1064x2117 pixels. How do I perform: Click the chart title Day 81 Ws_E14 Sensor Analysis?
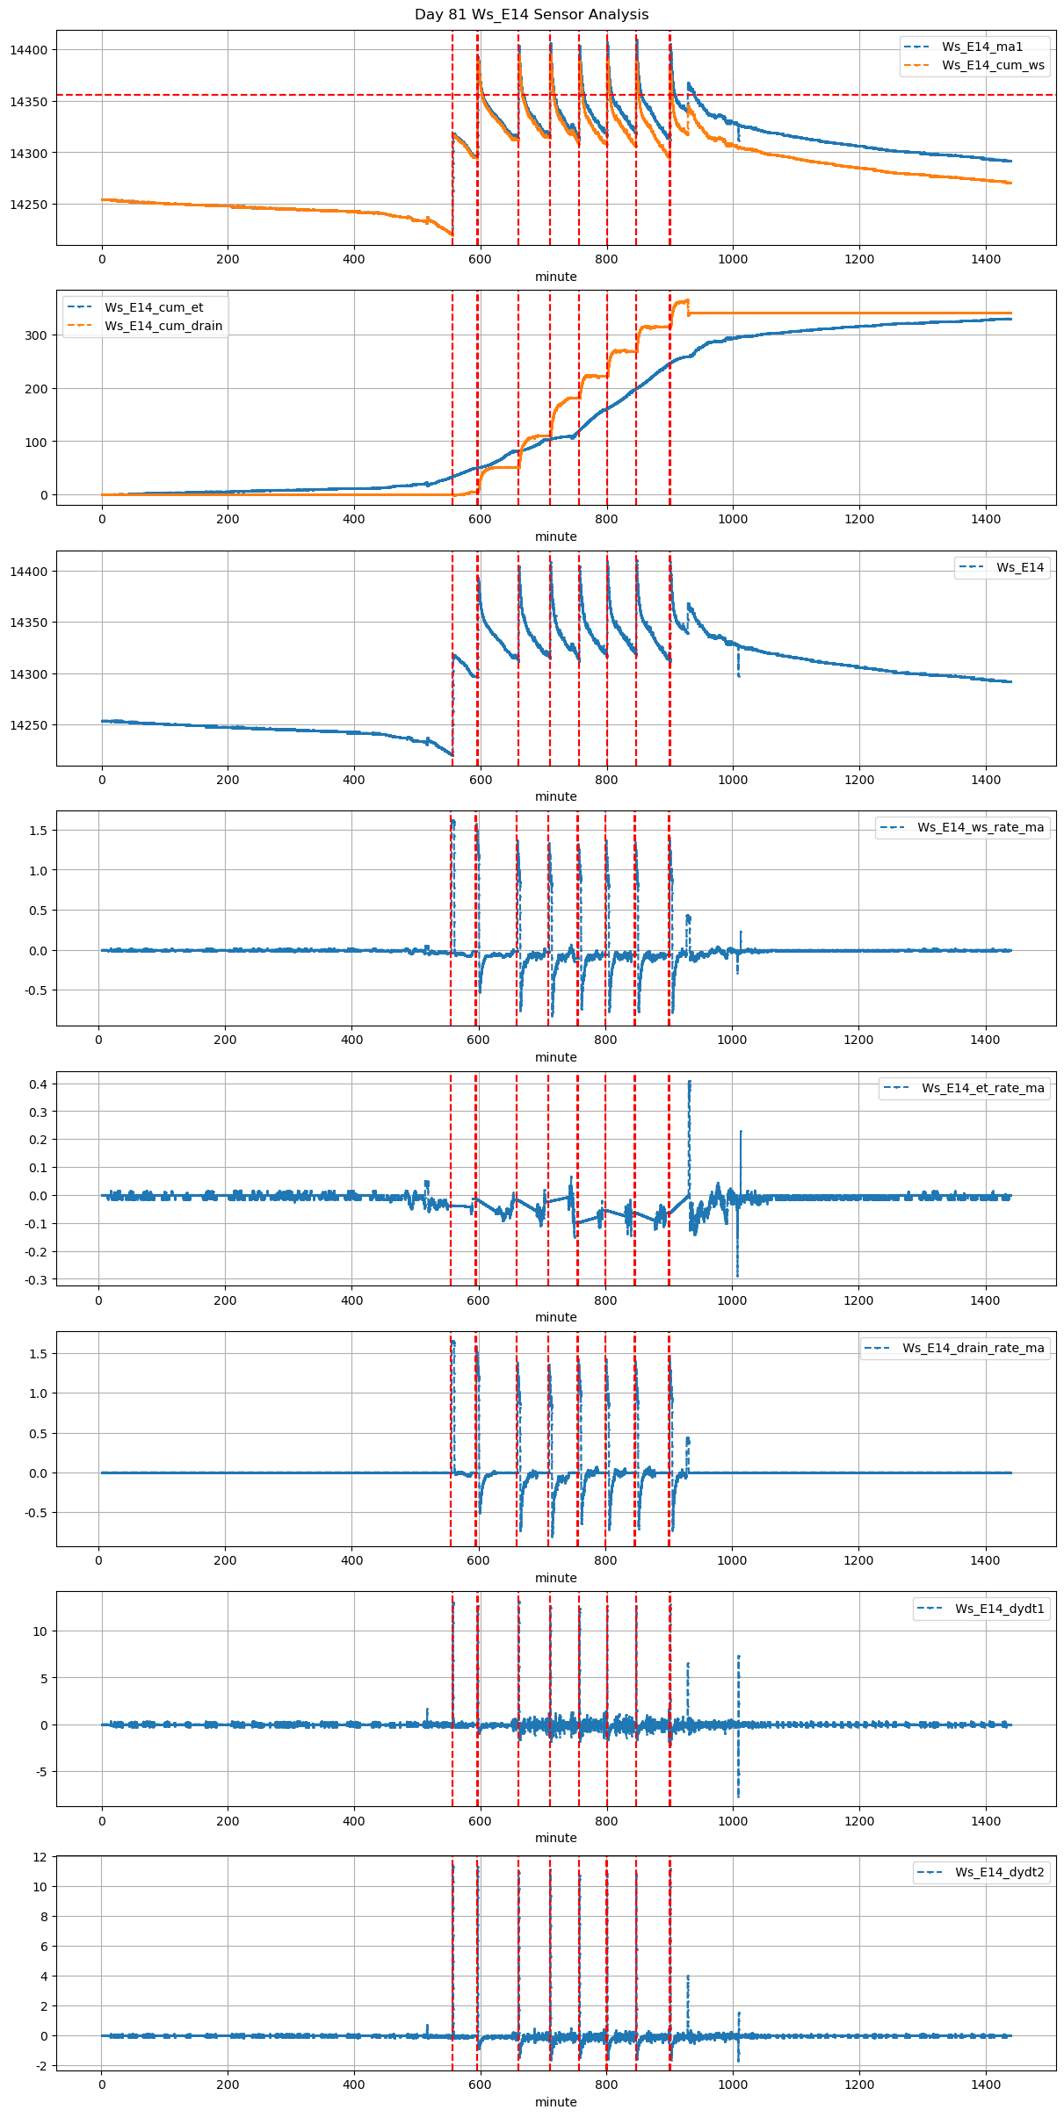coord(532,15)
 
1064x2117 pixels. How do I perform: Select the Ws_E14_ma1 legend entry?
coord(982,47)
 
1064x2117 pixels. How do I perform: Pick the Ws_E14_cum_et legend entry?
coord(154,307)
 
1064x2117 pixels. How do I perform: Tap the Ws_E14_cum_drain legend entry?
coord(163,326)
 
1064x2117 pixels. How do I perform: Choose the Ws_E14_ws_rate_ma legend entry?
coord(981,827)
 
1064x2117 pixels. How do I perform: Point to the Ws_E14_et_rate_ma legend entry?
coord(982,1088)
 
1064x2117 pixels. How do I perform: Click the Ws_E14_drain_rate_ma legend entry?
coord(973,1348)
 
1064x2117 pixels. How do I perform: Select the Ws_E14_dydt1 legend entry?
coord(1000,1609)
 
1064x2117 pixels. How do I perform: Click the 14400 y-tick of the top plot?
coord(28,50)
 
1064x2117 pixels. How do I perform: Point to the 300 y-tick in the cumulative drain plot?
coord(37,335)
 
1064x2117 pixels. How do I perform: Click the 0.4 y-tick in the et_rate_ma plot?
coord(39,1084)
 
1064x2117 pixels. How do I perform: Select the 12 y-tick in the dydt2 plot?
coord(40,1857)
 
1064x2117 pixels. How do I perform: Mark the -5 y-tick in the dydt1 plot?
coord(40,1772)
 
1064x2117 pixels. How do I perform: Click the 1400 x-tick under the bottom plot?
coord(986,2085)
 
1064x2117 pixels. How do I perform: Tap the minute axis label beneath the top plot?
coord(556,277)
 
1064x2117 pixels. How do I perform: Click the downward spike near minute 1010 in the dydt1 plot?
coord(738,1795)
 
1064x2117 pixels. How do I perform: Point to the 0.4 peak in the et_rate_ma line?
coord(690,1083)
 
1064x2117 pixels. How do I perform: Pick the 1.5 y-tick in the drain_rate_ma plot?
coord(39,1354)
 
